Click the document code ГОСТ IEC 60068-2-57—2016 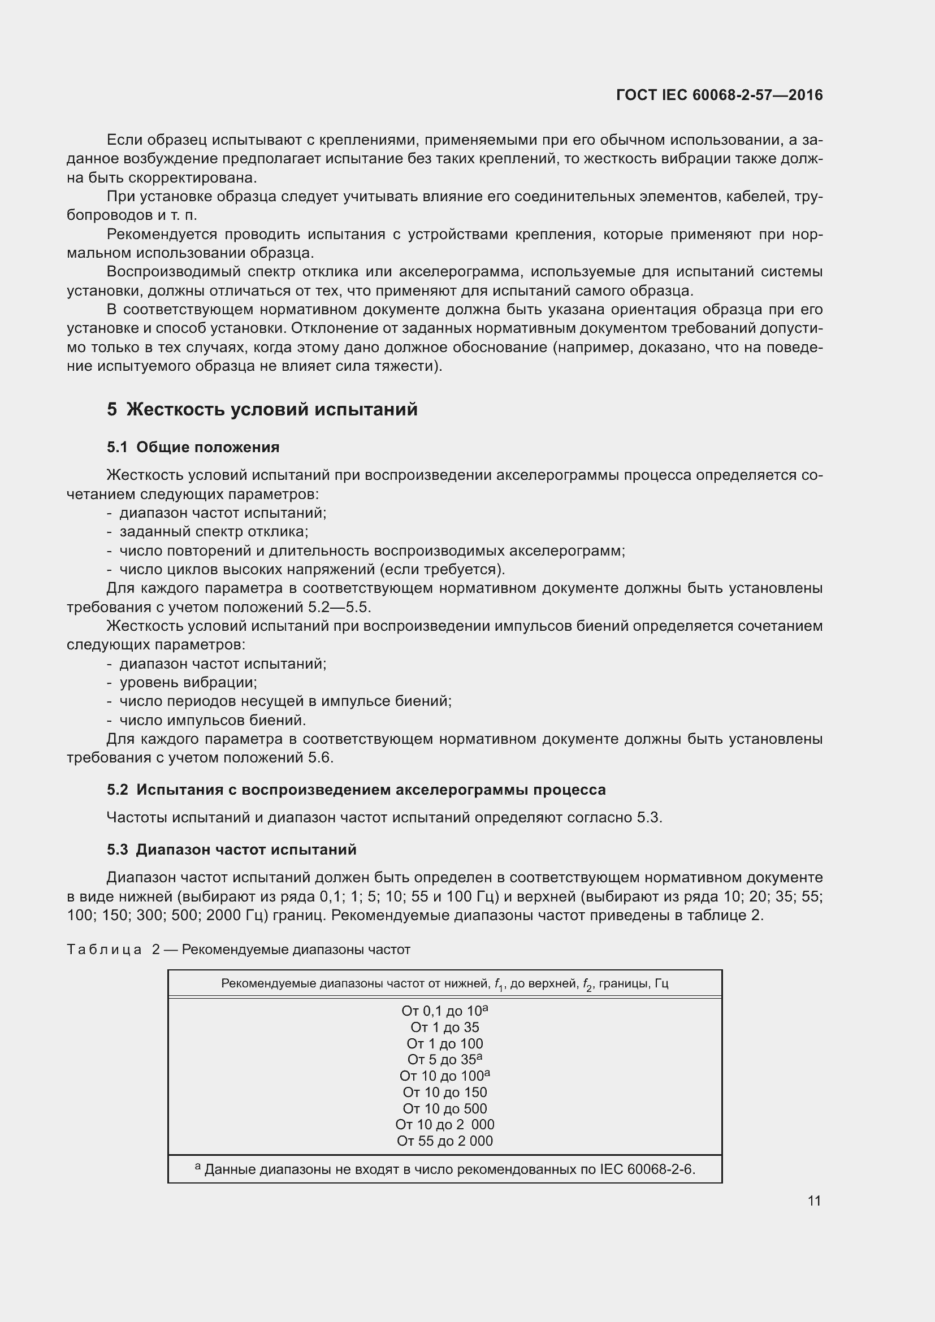[719, 95]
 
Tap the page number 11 [814, 1200]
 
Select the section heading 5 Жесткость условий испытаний [262, 409]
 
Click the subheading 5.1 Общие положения [193, 448]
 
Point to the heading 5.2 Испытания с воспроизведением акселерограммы [356, 790]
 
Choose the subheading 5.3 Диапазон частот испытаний [231, 849]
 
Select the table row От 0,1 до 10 [444, 1011]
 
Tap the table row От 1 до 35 [444, 1027]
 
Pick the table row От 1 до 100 [444, 1043]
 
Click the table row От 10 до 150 [444, 1093]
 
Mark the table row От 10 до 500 [444, 1108]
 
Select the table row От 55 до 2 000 [444, 1141]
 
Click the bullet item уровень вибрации [188, 682]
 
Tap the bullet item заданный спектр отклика [214, 531]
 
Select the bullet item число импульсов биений [213, 720]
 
